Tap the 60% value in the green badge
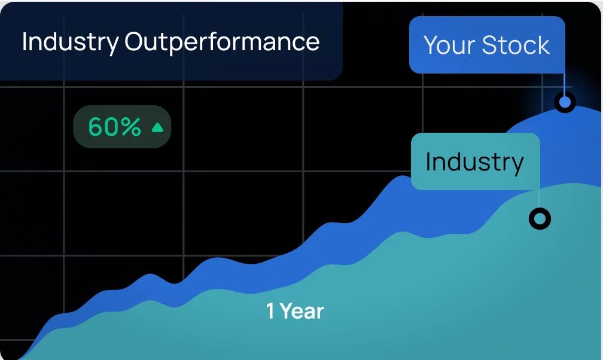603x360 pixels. click(115, 127)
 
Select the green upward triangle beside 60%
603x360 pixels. click(158, 127)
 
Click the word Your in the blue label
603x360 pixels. click(449, 45)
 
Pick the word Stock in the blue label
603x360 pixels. click(516, 45)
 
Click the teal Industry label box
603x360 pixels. click(476, 161)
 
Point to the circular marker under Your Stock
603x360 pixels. click(565, 102)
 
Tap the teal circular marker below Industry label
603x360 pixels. click(540, 219)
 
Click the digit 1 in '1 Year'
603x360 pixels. click(270, 311)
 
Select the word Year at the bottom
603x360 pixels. click(302, 311)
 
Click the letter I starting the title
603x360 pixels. click(24, 41)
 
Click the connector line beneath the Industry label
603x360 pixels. click(539, 200)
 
